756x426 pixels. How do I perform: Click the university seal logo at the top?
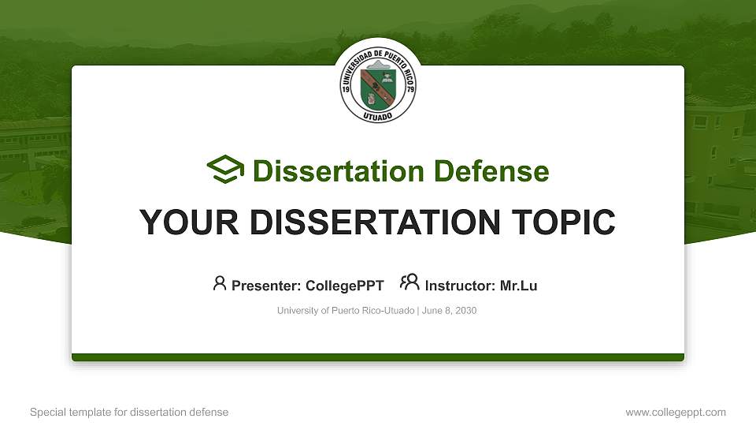[378, 81]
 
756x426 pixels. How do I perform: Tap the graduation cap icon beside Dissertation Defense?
[225, 170]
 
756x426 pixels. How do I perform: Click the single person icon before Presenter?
[220, 283]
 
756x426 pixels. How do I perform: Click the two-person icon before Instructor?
[409, 283]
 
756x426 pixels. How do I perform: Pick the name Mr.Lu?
[518, 286]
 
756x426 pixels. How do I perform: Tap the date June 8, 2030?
[450, 311]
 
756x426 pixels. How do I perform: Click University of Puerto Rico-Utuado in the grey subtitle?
[346, 311]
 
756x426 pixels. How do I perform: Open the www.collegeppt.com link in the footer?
[675, 412]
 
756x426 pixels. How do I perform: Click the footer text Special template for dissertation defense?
[128, 412]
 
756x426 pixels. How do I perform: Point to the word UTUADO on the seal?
[378, 117]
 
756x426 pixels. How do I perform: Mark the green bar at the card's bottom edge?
[378, 357]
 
